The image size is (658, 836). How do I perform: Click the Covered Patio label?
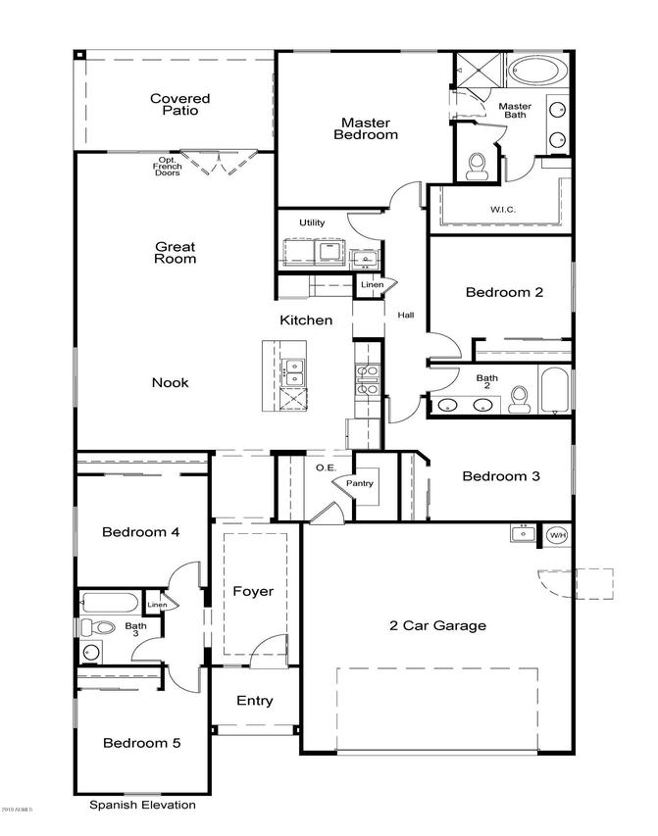179,104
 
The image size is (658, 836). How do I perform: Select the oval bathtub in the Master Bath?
533,72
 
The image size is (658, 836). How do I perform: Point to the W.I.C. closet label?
504,209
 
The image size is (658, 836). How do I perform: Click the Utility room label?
312,222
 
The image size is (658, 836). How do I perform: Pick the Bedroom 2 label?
504,291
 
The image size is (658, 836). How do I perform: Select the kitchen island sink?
292,370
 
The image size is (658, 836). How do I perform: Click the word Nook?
170,382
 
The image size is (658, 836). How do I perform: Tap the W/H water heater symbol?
557,535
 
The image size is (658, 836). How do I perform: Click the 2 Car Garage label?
437,624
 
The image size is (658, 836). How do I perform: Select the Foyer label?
253,591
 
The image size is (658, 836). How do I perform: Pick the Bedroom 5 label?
142,743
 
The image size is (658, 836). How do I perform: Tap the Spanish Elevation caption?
143,805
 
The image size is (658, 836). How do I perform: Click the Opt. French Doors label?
167,166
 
